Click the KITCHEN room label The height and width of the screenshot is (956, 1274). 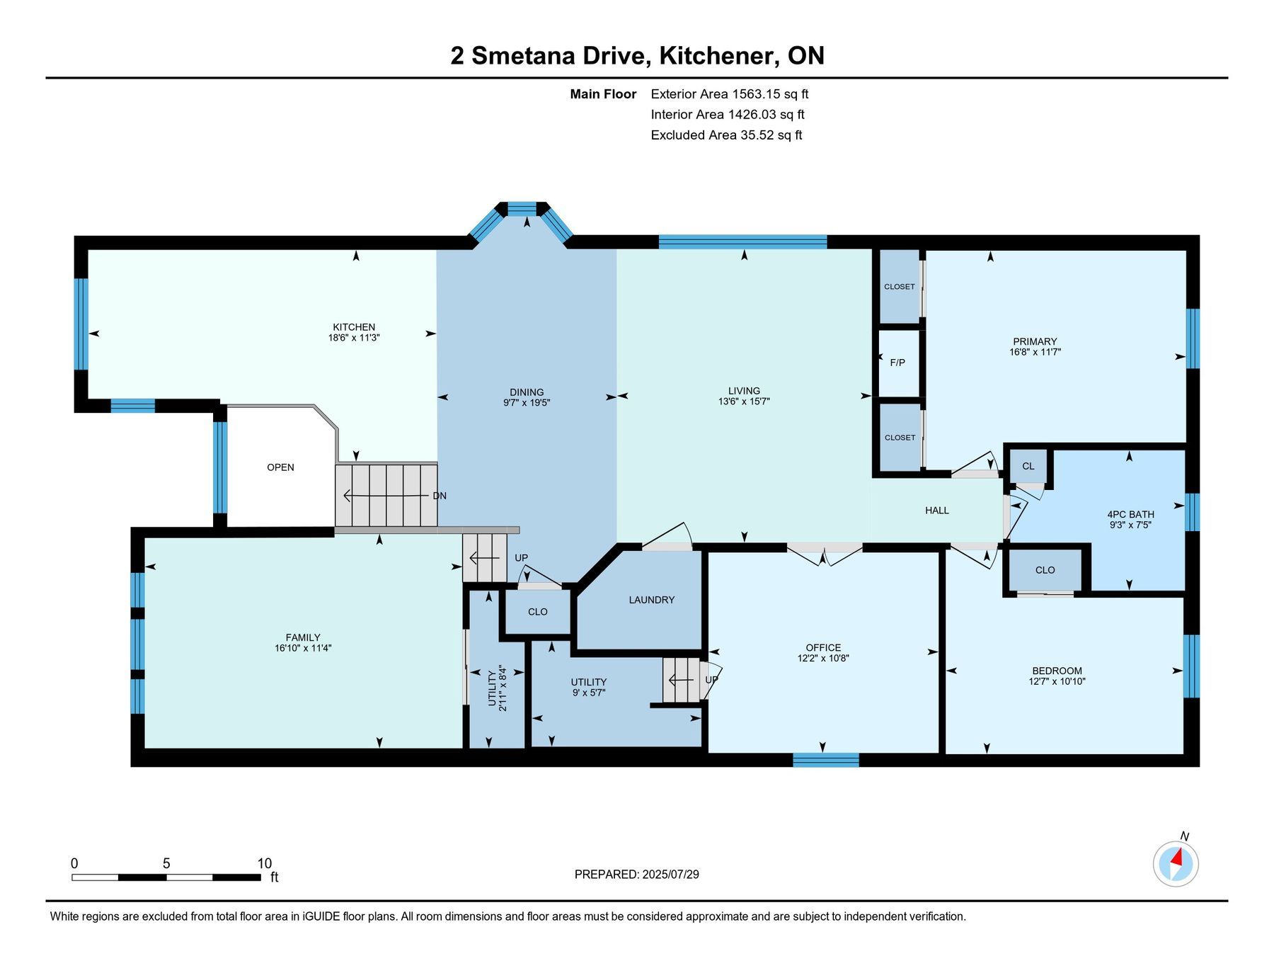pos(354,327)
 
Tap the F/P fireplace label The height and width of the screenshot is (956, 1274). pos(897,363)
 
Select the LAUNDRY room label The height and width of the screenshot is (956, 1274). pos(652,600)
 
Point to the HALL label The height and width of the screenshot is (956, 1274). pos(937,511)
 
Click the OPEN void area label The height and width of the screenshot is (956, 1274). pos(280,467)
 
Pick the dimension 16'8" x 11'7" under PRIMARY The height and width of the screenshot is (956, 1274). pos(1035,352)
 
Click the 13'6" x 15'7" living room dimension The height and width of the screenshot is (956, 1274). pos(744,402)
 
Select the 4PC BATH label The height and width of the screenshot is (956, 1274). pos(1130,515)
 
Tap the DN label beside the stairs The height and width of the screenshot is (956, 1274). pos(440,496)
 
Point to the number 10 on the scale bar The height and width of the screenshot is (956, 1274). pos(264,863)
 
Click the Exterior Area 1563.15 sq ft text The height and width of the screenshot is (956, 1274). pos(730,93)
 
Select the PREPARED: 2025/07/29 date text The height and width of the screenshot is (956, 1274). pos(637,875)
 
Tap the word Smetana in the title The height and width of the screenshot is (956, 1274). pos(522,55)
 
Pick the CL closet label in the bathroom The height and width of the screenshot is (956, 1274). pos(1028,466)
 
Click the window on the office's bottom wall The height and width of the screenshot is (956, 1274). pos(826,761)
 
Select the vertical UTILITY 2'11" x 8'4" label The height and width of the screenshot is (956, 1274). pos(498,688)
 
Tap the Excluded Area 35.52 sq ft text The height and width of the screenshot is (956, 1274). pos(726,135)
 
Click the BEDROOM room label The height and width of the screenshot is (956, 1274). pos(1057,671)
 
